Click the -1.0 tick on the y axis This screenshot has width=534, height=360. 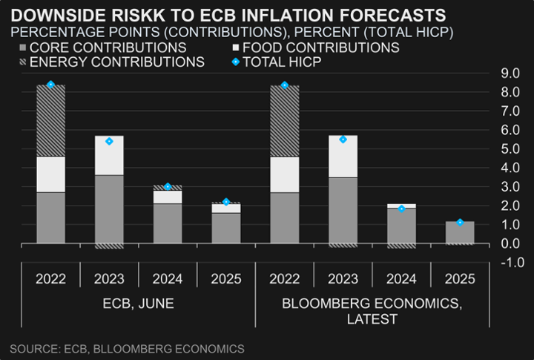(511, 262)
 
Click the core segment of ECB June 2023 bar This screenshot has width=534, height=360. (109, 209)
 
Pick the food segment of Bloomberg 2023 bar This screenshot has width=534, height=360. (343, 157)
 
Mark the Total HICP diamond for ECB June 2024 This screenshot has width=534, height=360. (168, 186)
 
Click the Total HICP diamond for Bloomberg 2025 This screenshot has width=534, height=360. (460, 222)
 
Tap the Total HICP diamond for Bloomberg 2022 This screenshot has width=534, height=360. (285, 85)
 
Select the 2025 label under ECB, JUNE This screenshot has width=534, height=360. (226, 279)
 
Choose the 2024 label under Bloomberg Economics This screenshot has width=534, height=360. (401, 279)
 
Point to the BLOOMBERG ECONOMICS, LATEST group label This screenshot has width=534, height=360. (372, 311)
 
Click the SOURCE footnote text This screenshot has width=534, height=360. (127, 348)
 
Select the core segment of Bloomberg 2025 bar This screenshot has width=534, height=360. (460, 232)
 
